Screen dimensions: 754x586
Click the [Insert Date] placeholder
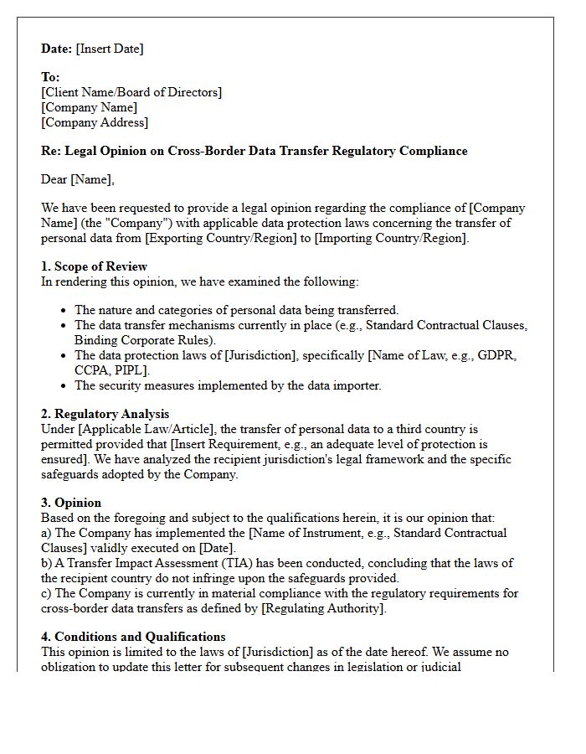click(x=110, y=49)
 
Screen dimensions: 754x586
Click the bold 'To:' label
click(x=50, y=77)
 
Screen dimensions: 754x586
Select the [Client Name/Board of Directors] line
click(x=131, y=92)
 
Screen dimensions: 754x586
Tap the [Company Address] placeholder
click(x=95, y=122)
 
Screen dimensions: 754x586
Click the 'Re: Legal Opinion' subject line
click(x=254, y=151)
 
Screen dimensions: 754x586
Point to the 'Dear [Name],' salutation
click(x=78, y=179)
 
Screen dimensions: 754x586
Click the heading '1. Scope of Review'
click(x=94, y=266)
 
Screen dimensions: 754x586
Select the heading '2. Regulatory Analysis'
click(x=105, y=414)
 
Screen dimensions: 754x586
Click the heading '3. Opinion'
click(x=71, y=503)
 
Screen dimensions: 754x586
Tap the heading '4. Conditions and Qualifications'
click(x=133, y=637)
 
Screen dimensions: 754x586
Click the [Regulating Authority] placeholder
click(x=323, y=608)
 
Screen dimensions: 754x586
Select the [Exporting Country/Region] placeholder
click(x=238, y=238)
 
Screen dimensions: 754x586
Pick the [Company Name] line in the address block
click(x=89, y=107)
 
